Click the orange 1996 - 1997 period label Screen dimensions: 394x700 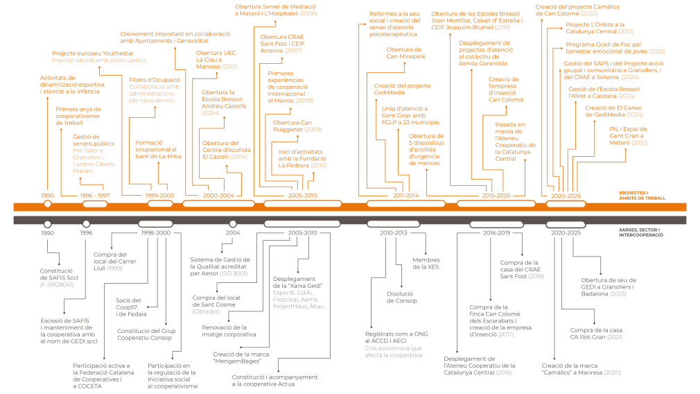coord(95,196)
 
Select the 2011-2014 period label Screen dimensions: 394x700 coord(405,196)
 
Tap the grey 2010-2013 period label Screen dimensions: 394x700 coord(394,232)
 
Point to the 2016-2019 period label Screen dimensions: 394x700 coord(496,232)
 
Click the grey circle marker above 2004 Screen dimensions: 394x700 coord(232,224)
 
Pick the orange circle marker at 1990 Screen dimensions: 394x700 coord(47,204)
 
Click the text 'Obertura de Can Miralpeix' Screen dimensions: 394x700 coord(405,53)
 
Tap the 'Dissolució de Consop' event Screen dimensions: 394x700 coord(401,297)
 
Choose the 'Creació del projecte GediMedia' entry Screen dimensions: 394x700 coord(402,89)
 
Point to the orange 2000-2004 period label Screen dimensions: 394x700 coord(218,196)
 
